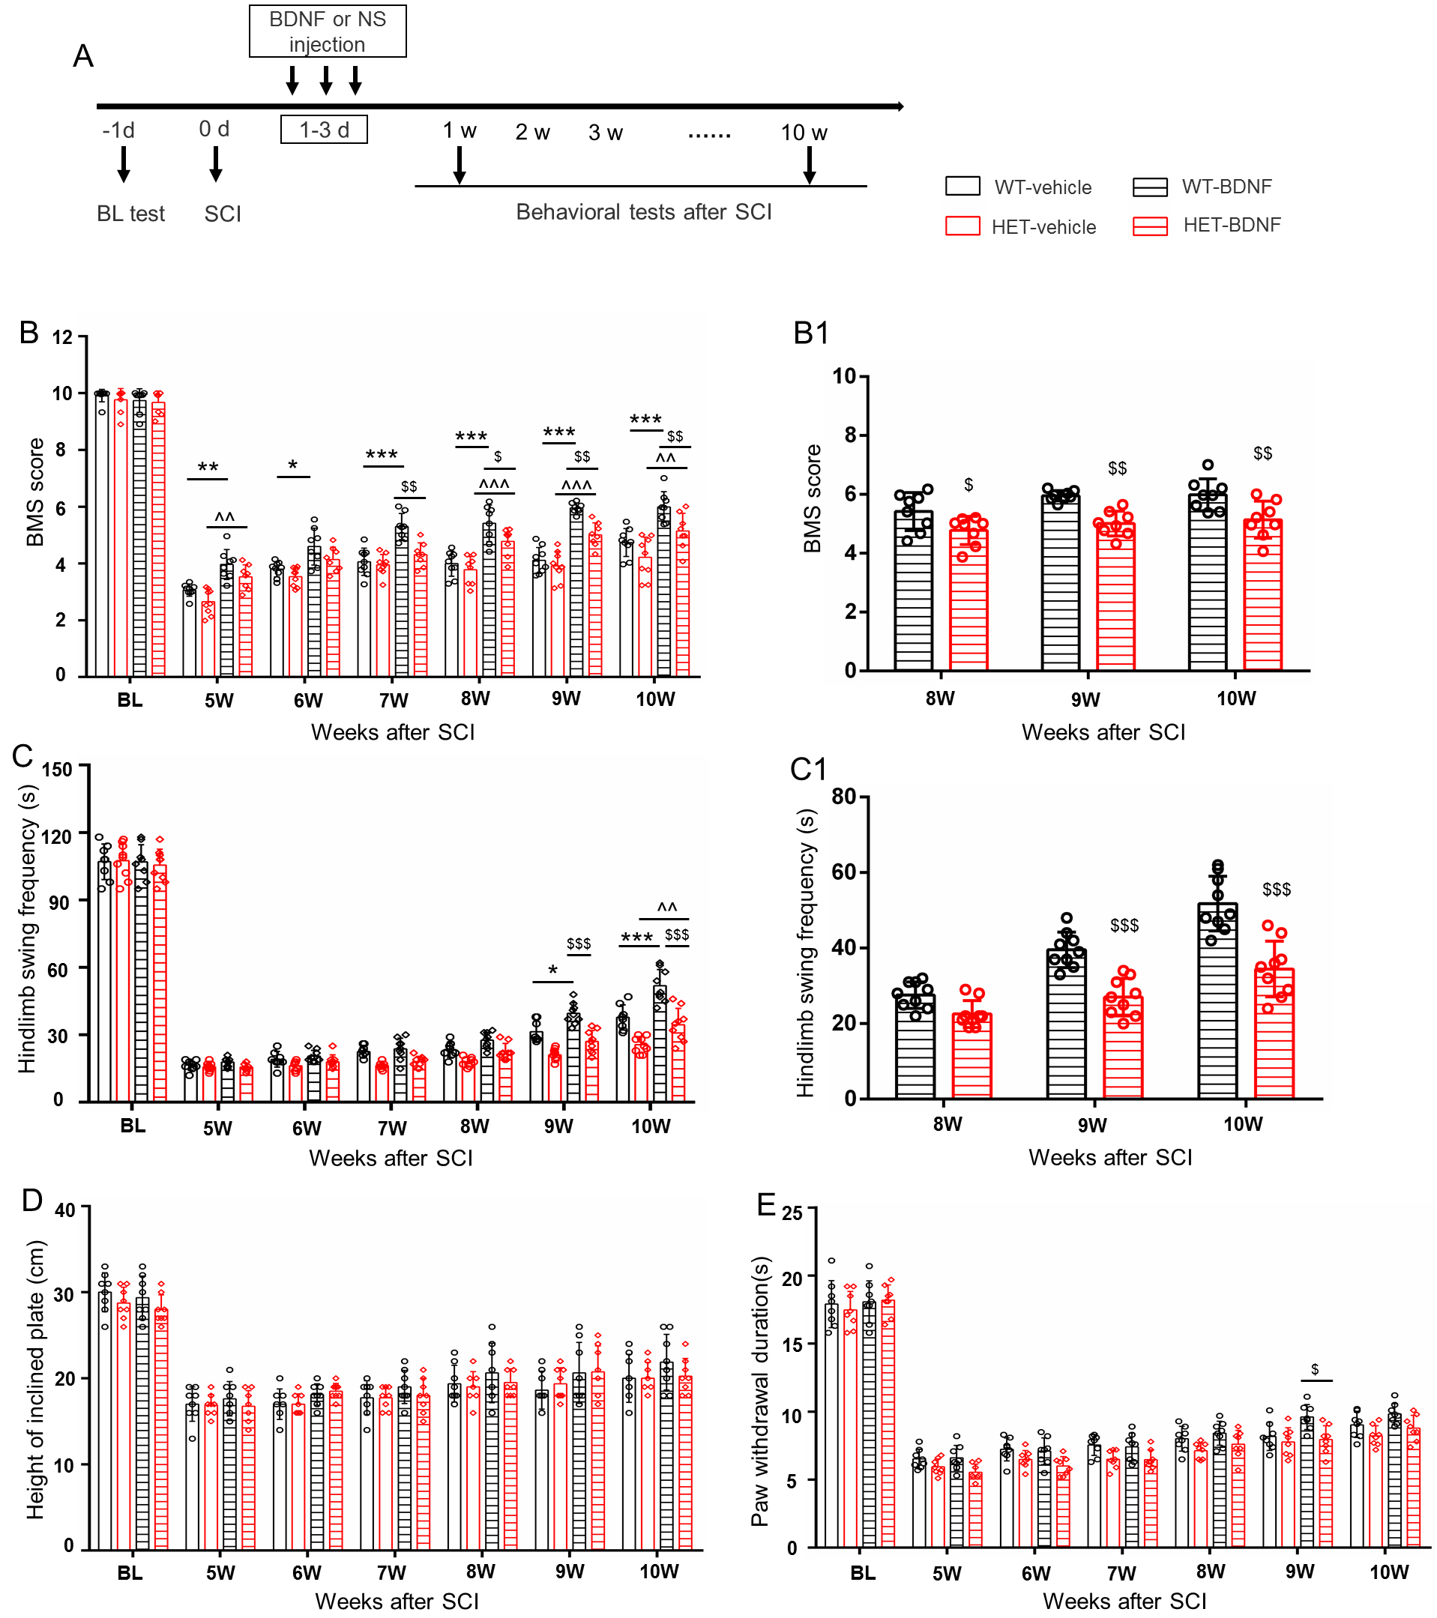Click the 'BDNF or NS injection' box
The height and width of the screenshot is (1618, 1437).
point(327,31)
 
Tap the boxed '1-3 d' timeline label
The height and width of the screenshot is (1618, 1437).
point(324,130)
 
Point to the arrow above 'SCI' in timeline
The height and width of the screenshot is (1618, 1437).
point(215,163)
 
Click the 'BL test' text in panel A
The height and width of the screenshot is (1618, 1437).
point(130,214)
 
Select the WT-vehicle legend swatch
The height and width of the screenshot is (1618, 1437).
point(962,186)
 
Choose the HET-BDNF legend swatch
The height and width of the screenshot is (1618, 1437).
point(1150,226)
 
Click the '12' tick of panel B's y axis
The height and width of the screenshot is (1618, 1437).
point(62,337)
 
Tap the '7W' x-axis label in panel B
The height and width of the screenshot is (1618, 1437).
point(394,701)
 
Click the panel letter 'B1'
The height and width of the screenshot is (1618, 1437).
point(811,333)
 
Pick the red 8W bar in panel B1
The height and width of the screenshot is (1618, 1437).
point(968,600)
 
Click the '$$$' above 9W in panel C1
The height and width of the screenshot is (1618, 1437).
point(1124,926)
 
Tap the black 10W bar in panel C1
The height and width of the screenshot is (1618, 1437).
point(1217,1000)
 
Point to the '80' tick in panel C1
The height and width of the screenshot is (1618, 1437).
point(844,797)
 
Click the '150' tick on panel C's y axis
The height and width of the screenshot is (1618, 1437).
point(57,769)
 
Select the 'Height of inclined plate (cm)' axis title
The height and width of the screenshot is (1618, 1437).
point(36,1380)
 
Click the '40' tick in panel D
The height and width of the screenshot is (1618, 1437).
point(65,1210)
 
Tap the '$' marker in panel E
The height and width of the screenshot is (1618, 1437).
point(1315,1368)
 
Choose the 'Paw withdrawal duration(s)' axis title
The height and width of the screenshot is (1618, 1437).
point(760,1391)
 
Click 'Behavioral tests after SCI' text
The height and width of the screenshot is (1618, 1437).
point(644,212)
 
